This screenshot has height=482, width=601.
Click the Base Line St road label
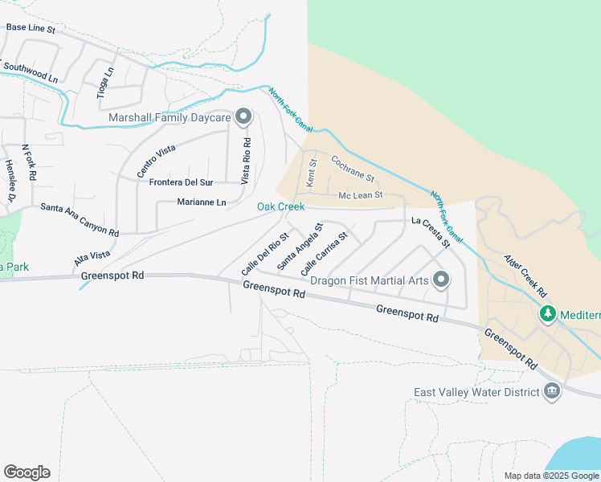tap(30, 27)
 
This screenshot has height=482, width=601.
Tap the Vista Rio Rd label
tap(247, 161)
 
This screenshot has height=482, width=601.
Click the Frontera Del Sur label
tap(186, 182)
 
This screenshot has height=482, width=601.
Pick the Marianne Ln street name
tap(202, 202)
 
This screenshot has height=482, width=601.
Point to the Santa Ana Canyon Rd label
tap(80, 220)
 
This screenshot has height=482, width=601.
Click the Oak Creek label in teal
tap(280, 207)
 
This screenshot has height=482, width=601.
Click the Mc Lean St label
tap(360, 195)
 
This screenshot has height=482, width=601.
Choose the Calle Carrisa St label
tap(324, 254)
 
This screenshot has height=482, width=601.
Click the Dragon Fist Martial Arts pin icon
tap(440, 280)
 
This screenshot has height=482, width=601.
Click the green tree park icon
tap(548, 314)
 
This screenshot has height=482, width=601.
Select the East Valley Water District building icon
tap(551, 392)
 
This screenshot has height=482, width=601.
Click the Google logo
tap(27, 472)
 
